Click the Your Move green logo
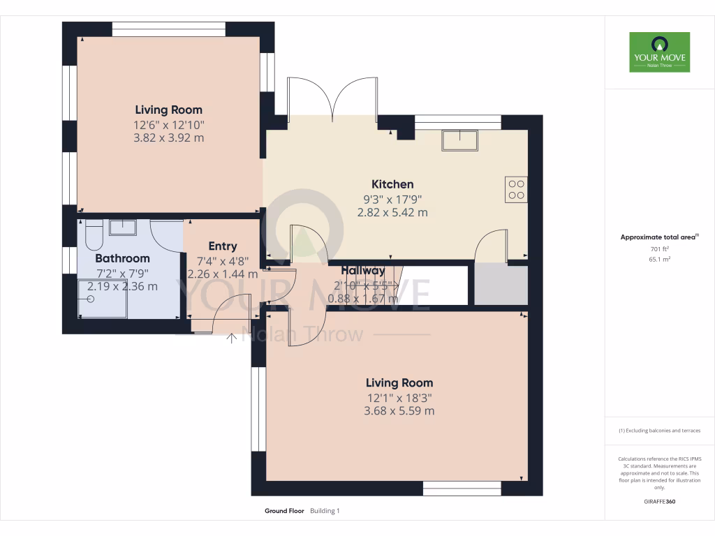pyautogui.click(x=659, y=52)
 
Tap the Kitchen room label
pyautogui.click(x=392, y=184)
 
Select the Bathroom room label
pyautogui.click(x=123, y=258)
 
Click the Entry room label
pyautogui.click(x=223, y=246)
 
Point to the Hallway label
pyautogui.click(x=363, y=271)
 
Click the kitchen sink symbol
pyautogui.click(x=459, y=140)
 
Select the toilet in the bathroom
pyautogui.click(x=94, y=235)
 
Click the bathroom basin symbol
pyautogui.click(x=124, y=228)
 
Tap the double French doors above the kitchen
pyautogui.click(x=334, y=97)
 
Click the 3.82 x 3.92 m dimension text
pyautogui.click(x=169, y=138)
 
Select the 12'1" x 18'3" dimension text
pyautogui.click(x=399, y=398)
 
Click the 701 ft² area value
pyautogui.click(x=659, y=248)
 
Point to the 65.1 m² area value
pyautogui.click(x=659, y=259)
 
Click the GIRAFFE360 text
pyautogui.click(x=659, y=502)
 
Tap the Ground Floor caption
pyautogui.click(x=284, y=511)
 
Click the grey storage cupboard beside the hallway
pyautogui.click(x=501, y=284)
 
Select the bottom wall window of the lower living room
pyautogui.click(x=462, y=489)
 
